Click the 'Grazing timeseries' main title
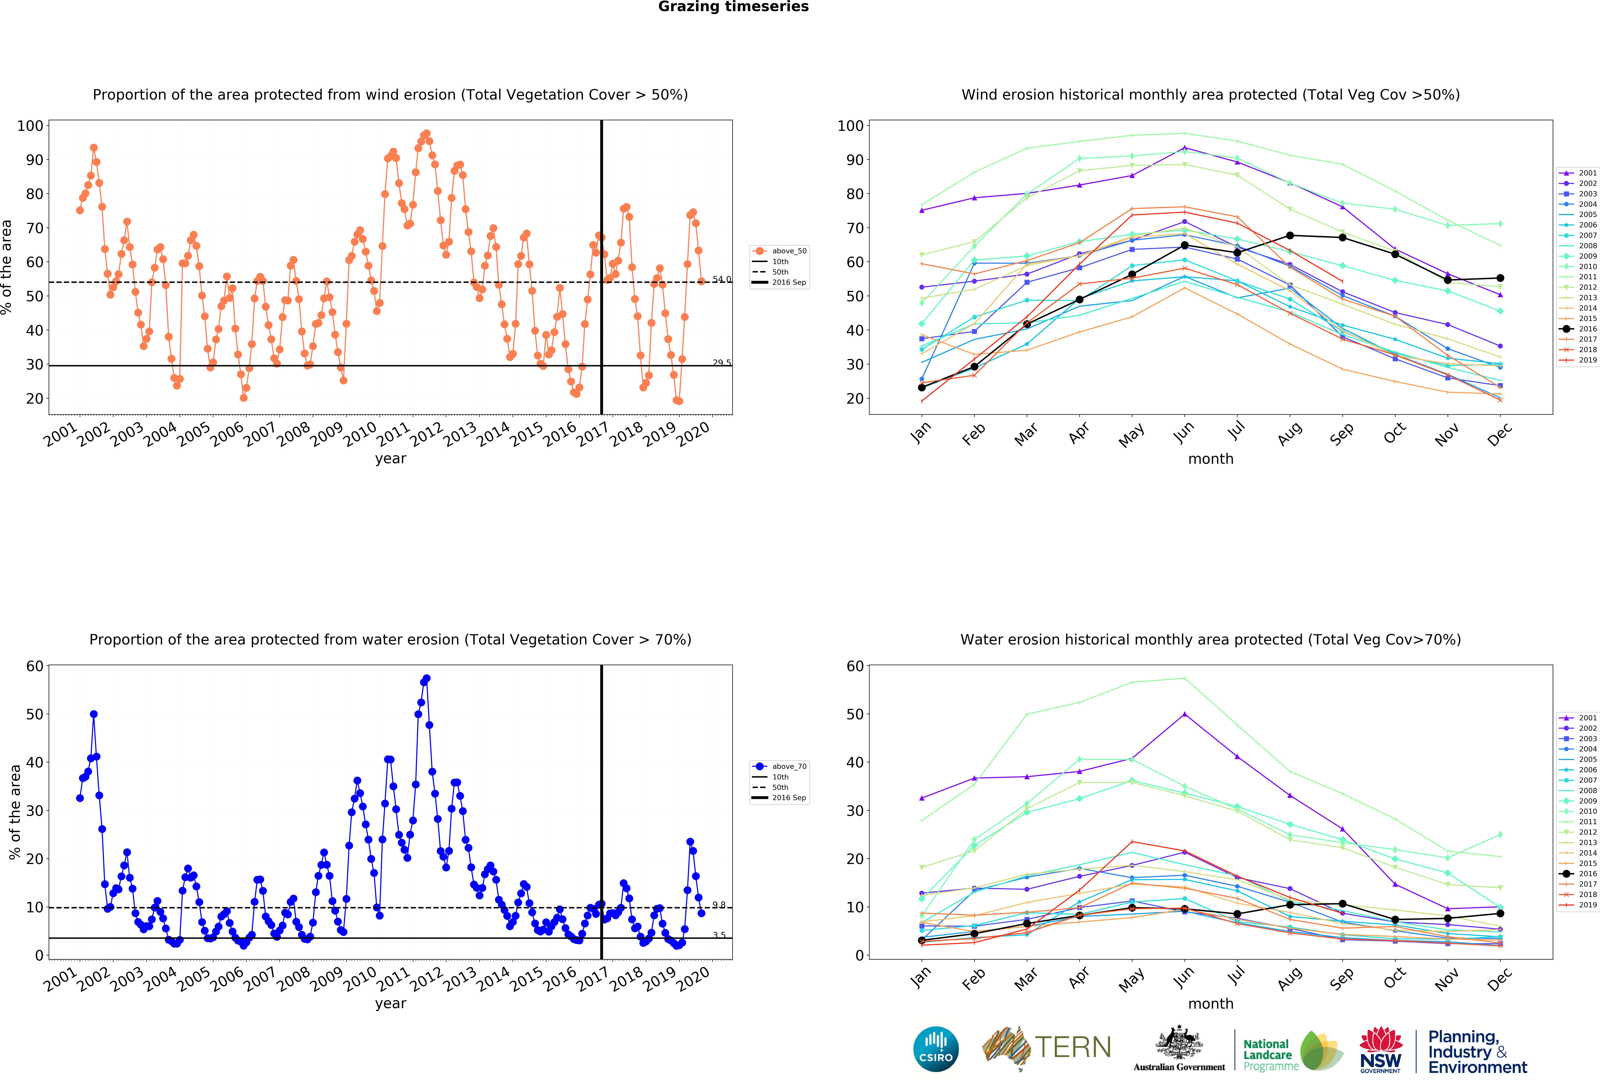coord(733,7)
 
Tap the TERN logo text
coord(1073,1048)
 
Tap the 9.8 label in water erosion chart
coord(719,905)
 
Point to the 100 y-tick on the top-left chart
coord(30,126)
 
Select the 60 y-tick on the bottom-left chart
coord(34,666)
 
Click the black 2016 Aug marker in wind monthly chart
coord(1289,236)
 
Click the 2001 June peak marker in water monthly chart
coord(1184,714)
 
